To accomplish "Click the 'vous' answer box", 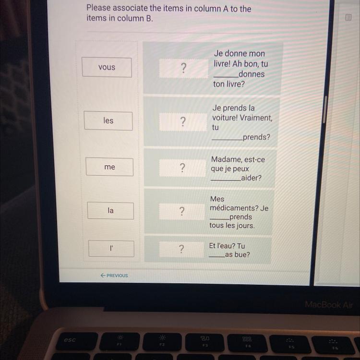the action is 107,67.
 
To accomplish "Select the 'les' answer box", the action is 108,121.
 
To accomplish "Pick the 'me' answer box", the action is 109,167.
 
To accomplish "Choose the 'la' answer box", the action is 110,211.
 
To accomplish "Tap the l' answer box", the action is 111,249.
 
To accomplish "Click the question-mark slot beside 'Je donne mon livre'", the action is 184,68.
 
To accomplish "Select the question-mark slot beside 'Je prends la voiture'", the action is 183,122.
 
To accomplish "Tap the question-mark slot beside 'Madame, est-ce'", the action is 182,168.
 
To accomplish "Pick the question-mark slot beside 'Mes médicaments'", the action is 181,212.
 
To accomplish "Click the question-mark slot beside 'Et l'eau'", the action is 181,249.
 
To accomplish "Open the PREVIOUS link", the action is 114,276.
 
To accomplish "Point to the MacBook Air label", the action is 329,305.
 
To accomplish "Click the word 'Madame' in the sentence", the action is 223,159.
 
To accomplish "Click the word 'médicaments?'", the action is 234,208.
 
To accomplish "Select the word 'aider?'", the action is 251,178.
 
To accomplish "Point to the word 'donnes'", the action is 252,74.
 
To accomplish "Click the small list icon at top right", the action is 348,17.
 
